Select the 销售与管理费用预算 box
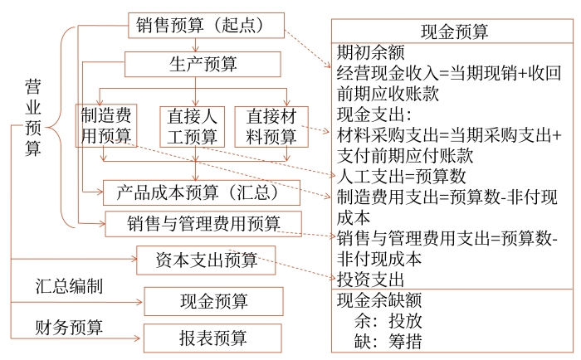click(203, 223)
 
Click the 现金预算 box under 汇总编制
click(213, 300)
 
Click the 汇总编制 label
click(70, 287)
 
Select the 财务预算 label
click(70, 324)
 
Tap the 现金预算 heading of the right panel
click(454, 32)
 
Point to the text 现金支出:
click(374, 114)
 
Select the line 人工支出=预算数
click(402, 176)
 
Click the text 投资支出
click(371, 278)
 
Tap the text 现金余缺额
click(380, 299)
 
